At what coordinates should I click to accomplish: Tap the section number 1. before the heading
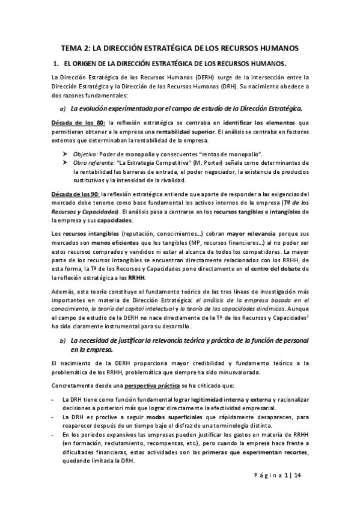pos(55,63)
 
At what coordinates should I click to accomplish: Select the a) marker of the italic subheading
pos(62,108)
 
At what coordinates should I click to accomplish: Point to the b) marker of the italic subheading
pos(62,342)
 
